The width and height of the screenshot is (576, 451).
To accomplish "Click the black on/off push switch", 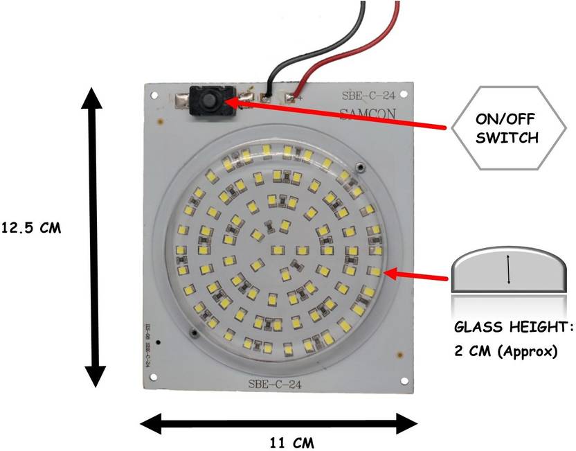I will click(206, 102).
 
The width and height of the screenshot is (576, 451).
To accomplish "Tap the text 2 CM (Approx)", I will click(505, 351).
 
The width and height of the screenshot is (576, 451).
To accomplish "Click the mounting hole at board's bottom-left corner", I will click(150, 380).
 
